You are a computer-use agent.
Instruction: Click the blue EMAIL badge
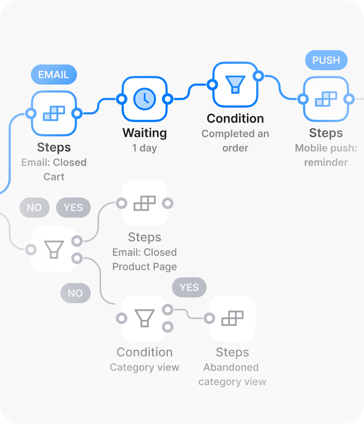tap(54, 74)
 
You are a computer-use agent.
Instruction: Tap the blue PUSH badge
tap(326, 60)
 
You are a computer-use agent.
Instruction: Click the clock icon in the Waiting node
tap(145, 99)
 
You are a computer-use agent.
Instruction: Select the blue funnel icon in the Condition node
tap(235, 85)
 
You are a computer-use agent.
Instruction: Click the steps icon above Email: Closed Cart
tap(54, 113)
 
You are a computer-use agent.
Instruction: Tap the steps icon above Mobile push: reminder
tap(326, 99)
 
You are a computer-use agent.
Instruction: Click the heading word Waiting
tap(145, 133)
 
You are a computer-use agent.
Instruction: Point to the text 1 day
tap(145, 148)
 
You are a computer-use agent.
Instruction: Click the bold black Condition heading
tap(235, 118)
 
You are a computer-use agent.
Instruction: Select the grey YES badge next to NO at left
tap(73, 207)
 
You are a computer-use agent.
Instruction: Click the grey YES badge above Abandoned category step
tap(189, 287)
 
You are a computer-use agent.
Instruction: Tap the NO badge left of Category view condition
tap(75, 293)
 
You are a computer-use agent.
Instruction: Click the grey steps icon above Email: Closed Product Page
tap(145, 203)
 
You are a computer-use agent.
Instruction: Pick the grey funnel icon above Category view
tap(145, 318)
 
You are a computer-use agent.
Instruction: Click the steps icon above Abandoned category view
tap(232, 318)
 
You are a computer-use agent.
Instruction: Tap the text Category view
tap(145, 367)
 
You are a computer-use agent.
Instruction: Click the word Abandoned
tap(231, 367)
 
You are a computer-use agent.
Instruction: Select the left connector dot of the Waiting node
tap(122, 99)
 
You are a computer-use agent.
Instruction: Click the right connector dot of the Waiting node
tap(168, 99)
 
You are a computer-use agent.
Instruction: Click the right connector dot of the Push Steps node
tap(349, 99)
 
